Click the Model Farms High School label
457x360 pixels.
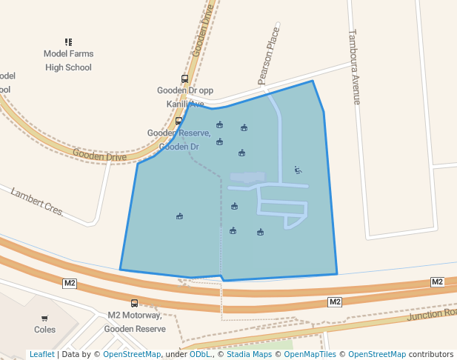click(x=67, y=60)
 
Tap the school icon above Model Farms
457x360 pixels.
click(x=68, y=42)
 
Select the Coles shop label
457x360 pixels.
click(x=44, y=330)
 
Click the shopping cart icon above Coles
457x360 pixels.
click(x=44, y=318)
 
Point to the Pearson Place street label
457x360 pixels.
click(x=269, y=56)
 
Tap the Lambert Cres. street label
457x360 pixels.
click(x=38, y=201)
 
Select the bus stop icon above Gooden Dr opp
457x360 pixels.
click(x=184, y=79)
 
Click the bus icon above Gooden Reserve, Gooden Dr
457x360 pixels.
click(x=179, y=121)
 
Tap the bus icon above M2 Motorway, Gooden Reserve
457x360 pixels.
click(x=134, y=303)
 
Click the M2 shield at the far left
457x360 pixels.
click(x=70, y=283)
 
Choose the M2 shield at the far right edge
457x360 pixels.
click(x=437, y=281)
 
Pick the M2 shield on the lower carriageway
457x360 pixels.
click(x=335, y=301)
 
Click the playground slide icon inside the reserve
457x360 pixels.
click(x=298, y=170)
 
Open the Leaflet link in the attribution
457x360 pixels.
click(x=41, y=354)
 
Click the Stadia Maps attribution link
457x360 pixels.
click(x=249, y=354)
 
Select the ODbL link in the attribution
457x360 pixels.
click(x=200, y=354)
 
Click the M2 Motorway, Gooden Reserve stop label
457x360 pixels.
click(x=136, y=321)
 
